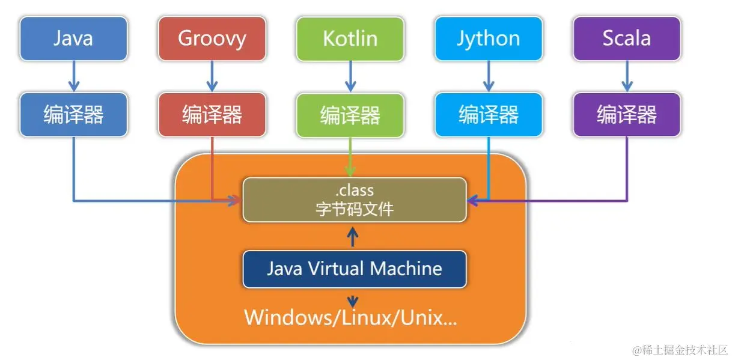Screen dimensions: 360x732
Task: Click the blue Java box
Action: [73, 38]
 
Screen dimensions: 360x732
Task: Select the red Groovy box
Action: [212, 38]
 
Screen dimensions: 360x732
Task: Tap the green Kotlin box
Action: [350, 38]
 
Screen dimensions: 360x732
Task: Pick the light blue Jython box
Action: [489, 38]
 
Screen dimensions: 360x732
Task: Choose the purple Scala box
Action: [627, 38]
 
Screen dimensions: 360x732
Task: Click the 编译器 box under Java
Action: [73, 114]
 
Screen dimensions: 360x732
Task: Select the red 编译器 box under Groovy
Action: [212, 114]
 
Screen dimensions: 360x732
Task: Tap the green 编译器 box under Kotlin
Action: [350, 114]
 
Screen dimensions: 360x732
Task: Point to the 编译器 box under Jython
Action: [489, 114]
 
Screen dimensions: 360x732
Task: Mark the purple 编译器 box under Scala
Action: [627, 114]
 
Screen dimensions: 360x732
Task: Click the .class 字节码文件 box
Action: [354, 200]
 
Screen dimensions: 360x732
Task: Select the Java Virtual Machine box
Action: [354, 269]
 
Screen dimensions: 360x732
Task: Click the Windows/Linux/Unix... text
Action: [350, 317]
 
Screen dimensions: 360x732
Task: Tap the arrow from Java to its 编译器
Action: [73, 76]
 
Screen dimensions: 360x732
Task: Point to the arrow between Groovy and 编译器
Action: [212, 76]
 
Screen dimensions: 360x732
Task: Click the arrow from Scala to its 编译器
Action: [627, 76]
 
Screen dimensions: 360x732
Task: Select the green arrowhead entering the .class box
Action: [350, 172]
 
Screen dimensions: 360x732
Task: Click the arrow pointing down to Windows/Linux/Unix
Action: [353, 299]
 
